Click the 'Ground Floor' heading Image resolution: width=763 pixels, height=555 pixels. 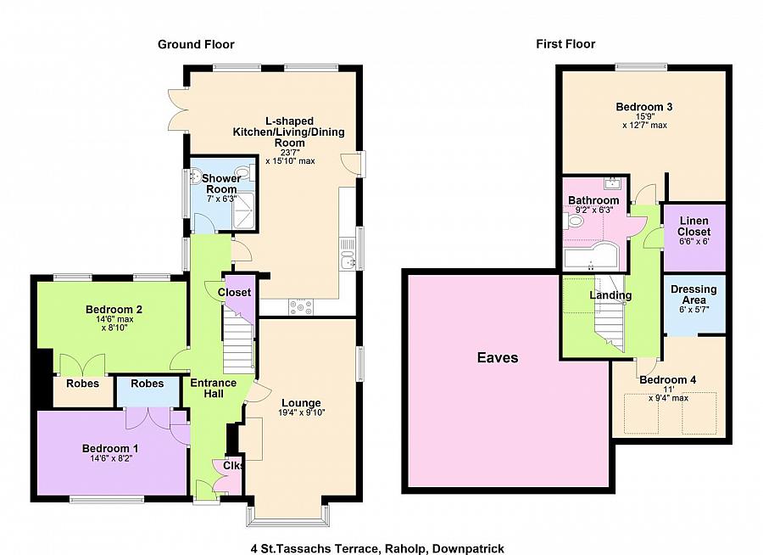pos(196,44)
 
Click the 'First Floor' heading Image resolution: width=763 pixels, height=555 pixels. pos(565,44)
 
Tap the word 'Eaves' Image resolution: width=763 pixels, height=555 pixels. pos(498,357)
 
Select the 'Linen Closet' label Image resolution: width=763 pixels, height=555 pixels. pos(693,226)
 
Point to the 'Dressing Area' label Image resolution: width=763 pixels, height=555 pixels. pos(693,294)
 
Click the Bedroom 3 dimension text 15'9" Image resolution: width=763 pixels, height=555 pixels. pos(645,116)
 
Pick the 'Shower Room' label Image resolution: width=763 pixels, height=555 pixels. pos(221,183)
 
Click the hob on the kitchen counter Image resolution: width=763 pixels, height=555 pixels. pos(301,307)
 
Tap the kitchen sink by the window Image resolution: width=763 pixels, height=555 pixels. pos(349,254)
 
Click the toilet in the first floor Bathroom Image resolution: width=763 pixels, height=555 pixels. pos(574,221)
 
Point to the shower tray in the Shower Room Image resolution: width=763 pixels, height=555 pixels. pos(244,210)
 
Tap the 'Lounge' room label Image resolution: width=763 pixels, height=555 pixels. pos(301,403)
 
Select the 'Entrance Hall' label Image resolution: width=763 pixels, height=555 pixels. pos(214,388)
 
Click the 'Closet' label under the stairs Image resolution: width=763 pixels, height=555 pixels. pos(234,293)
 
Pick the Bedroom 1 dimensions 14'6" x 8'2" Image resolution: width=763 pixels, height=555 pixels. pos(111,458)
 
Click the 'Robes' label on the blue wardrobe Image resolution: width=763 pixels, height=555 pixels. pos(147,384)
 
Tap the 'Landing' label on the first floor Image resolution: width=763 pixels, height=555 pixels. pos(610,295)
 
